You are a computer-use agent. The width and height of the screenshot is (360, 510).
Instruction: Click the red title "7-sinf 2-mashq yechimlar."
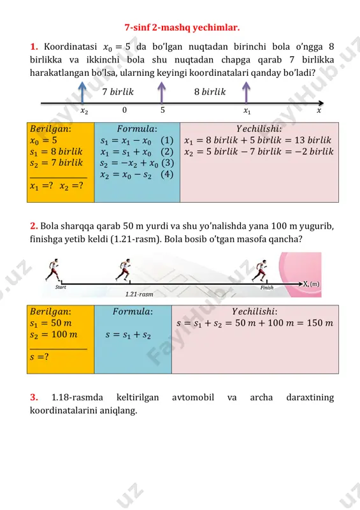pyautogui.click(x=182, y=27)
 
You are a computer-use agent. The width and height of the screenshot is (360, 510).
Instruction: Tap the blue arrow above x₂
pyautogui.click(x=83, y=92)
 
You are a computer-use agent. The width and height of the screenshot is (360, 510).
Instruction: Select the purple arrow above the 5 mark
pyautogui.click(x=162, y=92)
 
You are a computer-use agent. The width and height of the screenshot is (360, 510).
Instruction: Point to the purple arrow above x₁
pyautogui.click(x=246, y=92)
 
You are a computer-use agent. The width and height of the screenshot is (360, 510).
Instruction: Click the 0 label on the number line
pyautogui.click(x=124, y=110)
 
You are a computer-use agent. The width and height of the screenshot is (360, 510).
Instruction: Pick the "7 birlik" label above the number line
pyautogui.click(x=118, y=92)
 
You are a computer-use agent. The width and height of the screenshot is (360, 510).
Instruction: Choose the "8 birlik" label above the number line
pyautogui.click(x=210, y=92)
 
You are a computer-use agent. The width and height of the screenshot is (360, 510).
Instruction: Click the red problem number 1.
pyautogui.click(x=34, y=47)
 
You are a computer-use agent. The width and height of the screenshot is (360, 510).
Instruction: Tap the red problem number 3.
pyautogui.click(x=34, y=397)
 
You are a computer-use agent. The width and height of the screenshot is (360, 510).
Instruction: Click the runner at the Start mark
pyautogui.click(x=53, y=270)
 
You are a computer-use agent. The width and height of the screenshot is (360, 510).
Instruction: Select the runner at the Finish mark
pyautogui.click(x=261, y=270)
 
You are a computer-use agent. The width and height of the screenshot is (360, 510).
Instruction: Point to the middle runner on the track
pyautogui.click(x=124, y=270)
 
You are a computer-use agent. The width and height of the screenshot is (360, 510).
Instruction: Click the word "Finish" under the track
pyautogui.click(x=267, y=288)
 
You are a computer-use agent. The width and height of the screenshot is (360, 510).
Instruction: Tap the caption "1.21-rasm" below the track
pyautogui.click(x=139, y=294)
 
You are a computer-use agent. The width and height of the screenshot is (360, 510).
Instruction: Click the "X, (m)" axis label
pyautogui.click(x=312, y=284)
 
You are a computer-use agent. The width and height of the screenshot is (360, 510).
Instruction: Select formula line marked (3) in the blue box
pyautogui.click(x=137, y=163)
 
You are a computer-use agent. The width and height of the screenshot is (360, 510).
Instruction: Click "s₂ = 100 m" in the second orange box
pyautogui.click(x=54, y=334)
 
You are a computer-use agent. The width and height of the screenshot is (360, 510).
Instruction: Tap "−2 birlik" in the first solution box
pyautogui.click(x=317, y=152)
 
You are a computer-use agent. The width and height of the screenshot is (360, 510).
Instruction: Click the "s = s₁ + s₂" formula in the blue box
pyautogui.click(x=128, y=335)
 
